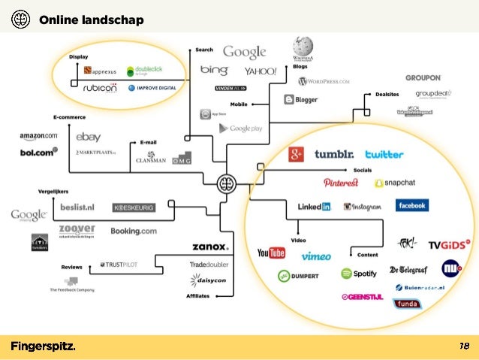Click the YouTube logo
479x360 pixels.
(x=271, y=253)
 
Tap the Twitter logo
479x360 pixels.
(x=384, y=154)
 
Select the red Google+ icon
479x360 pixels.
(x=297, y=154)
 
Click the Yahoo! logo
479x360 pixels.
(x=261, y=71)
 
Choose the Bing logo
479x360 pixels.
(x=214, y=70)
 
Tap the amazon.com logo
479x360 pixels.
(x=38, y=135)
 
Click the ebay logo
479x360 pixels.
(x=88, y=137)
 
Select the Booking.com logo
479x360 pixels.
(x=134, y=231)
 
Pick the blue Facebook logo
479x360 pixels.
(x=412, y=205)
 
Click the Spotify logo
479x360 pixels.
(x=359, y=274)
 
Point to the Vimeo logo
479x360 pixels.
(x=316, y=256)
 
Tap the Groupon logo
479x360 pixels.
(x=423, y=77)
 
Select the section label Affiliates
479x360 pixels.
(x=197, y=296)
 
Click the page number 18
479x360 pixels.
(x=464, y=346)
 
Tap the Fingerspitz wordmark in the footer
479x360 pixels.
(x=43, y=346)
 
